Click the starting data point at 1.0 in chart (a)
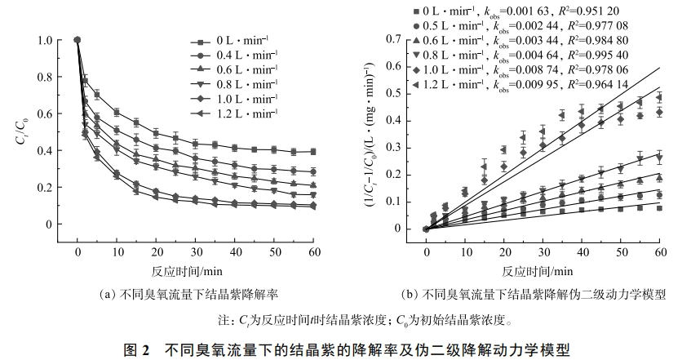click(77, 39)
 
